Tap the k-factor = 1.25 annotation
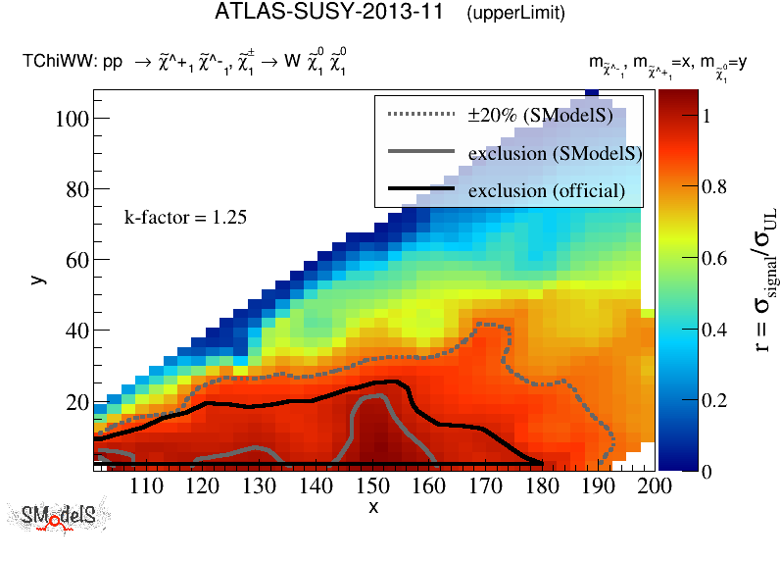pyautogui.click(x=185, y=217)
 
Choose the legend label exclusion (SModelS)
pyautogui.click(x=555, y=153)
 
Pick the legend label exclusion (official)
pyautogui.click(x=547, y=189)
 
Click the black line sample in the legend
pyautogui.click(x=421, y=188)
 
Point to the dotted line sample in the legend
pyautogui.click(x=421, y=115)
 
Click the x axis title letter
pyautogui.click(x=373, y=507)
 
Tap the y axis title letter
pyautogui.click(x=36, y=279)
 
